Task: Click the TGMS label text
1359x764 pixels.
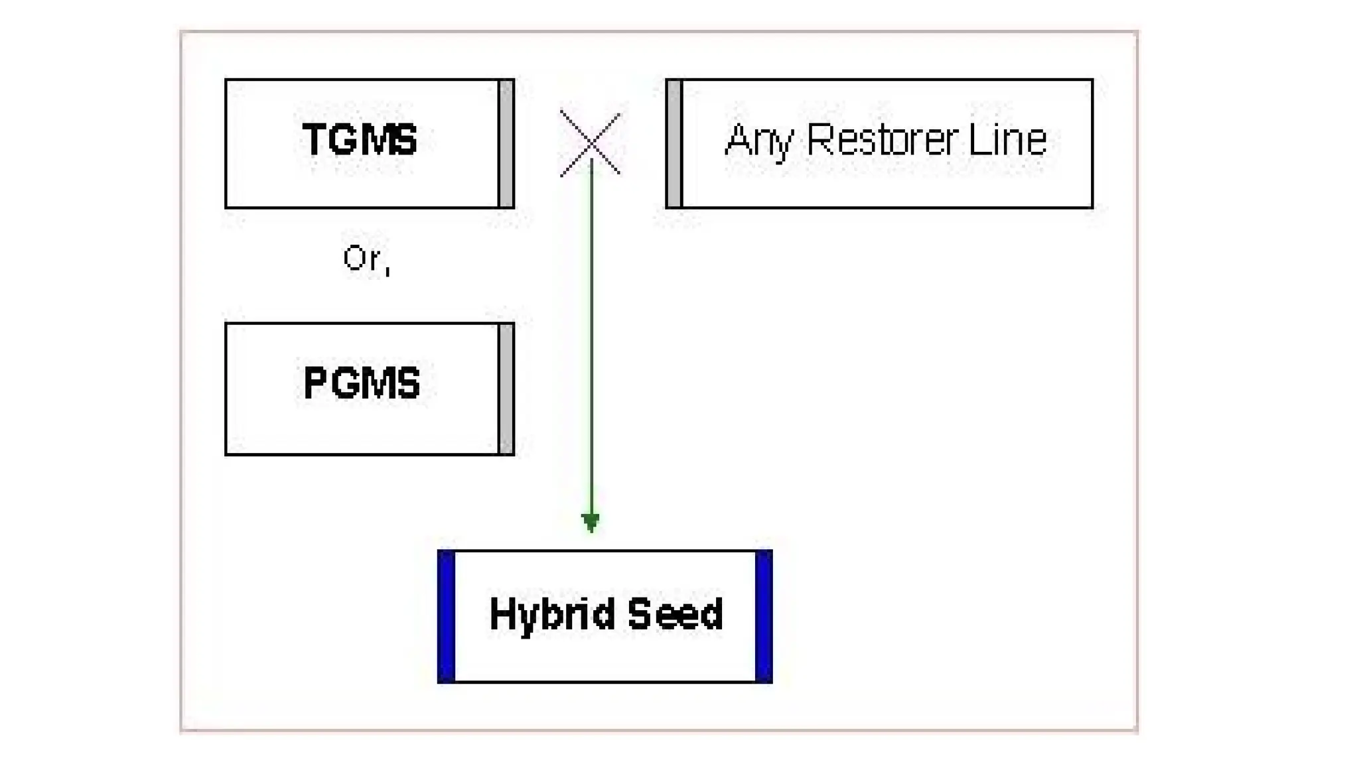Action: (360, 140)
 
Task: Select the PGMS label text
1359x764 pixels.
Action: (362, 383)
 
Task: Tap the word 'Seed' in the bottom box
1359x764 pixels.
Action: (675, 614)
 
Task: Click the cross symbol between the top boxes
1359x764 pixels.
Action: (590, 143)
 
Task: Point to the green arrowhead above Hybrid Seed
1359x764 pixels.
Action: (591, 522)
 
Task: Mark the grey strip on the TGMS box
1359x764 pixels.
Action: (506, 143)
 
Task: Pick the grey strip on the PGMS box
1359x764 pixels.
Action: (506, 389)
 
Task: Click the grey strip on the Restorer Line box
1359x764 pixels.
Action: (674, 143)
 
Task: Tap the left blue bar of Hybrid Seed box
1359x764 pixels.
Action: (447, 616)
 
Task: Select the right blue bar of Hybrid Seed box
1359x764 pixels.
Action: (764, 616)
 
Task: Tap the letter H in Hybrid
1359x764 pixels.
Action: (502, 614)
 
